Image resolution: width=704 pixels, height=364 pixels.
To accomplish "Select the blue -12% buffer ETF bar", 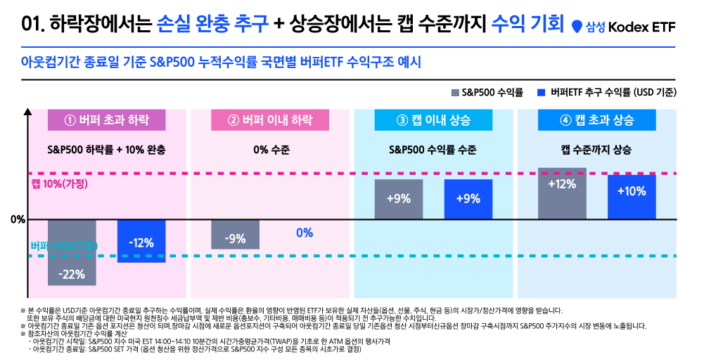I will [x=141, y=240].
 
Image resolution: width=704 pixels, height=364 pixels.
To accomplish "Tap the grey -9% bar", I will [x=235, y=234].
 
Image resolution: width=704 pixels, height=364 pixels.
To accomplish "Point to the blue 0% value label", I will [x=305, y=233].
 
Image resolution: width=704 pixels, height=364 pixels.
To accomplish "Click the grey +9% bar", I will [x=399, y=199].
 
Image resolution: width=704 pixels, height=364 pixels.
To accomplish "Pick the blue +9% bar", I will [x=468, y=199].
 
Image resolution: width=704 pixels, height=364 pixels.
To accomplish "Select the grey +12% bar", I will [x=562, y=193].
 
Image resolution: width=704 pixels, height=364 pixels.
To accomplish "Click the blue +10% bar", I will [x=632, y=197].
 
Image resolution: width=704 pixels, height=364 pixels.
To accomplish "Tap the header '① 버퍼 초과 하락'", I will [x=106, y=119].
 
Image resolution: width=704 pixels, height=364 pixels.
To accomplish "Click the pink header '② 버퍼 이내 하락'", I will [x=270, y=119].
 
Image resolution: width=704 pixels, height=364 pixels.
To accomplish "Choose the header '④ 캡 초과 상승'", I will [x=596, y=119].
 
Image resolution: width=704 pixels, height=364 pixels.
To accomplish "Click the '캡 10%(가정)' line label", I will [x=58, y=183].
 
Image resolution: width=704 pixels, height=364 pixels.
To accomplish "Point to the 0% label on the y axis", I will [x=18, y=219].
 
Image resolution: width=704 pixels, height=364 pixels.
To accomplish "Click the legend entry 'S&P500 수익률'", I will [x=487, y=92].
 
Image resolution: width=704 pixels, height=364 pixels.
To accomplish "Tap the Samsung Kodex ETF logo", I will [x=623, y=27].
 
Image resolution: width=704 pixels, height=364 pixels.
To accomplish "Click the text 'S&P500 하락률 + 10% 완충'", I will [x=106, y=150].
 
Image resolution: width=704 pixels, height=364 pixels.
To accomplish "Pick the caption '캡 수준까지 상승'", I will [x=596, y=150].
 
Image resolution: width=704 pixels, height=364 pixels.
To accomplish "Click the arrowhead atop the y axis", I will [x=27, y=110].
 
